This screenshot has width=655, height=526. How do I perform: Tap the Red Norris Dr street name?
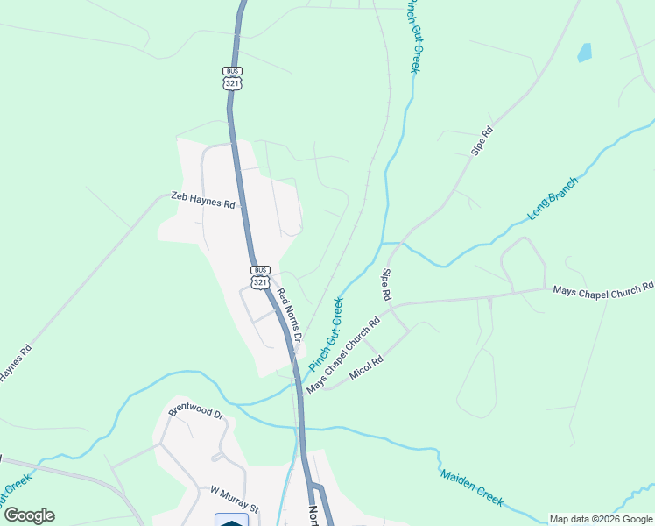click(290, 315)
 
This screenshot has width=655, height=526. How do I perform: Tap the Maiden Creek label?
click(472, 487)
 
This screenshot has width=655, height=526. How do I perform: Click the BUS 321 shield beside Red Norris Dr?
click(260, 277)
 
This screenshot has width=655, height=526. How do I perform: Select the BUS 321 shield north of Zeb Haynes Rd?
click(232, 77)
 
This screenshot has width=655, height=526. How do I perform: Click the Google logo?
click(29, 515)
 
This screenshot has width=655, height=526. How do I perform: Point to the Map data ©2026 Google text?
click(601, 519)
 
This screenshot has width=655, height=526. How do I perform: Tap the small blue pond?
click(584, 53)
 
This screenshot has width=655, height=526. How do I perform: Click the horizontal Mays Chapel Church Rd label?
click(602, 288)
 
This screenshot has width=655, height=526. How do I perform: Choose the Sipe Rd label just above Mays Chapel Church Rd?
click(384, 284)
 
